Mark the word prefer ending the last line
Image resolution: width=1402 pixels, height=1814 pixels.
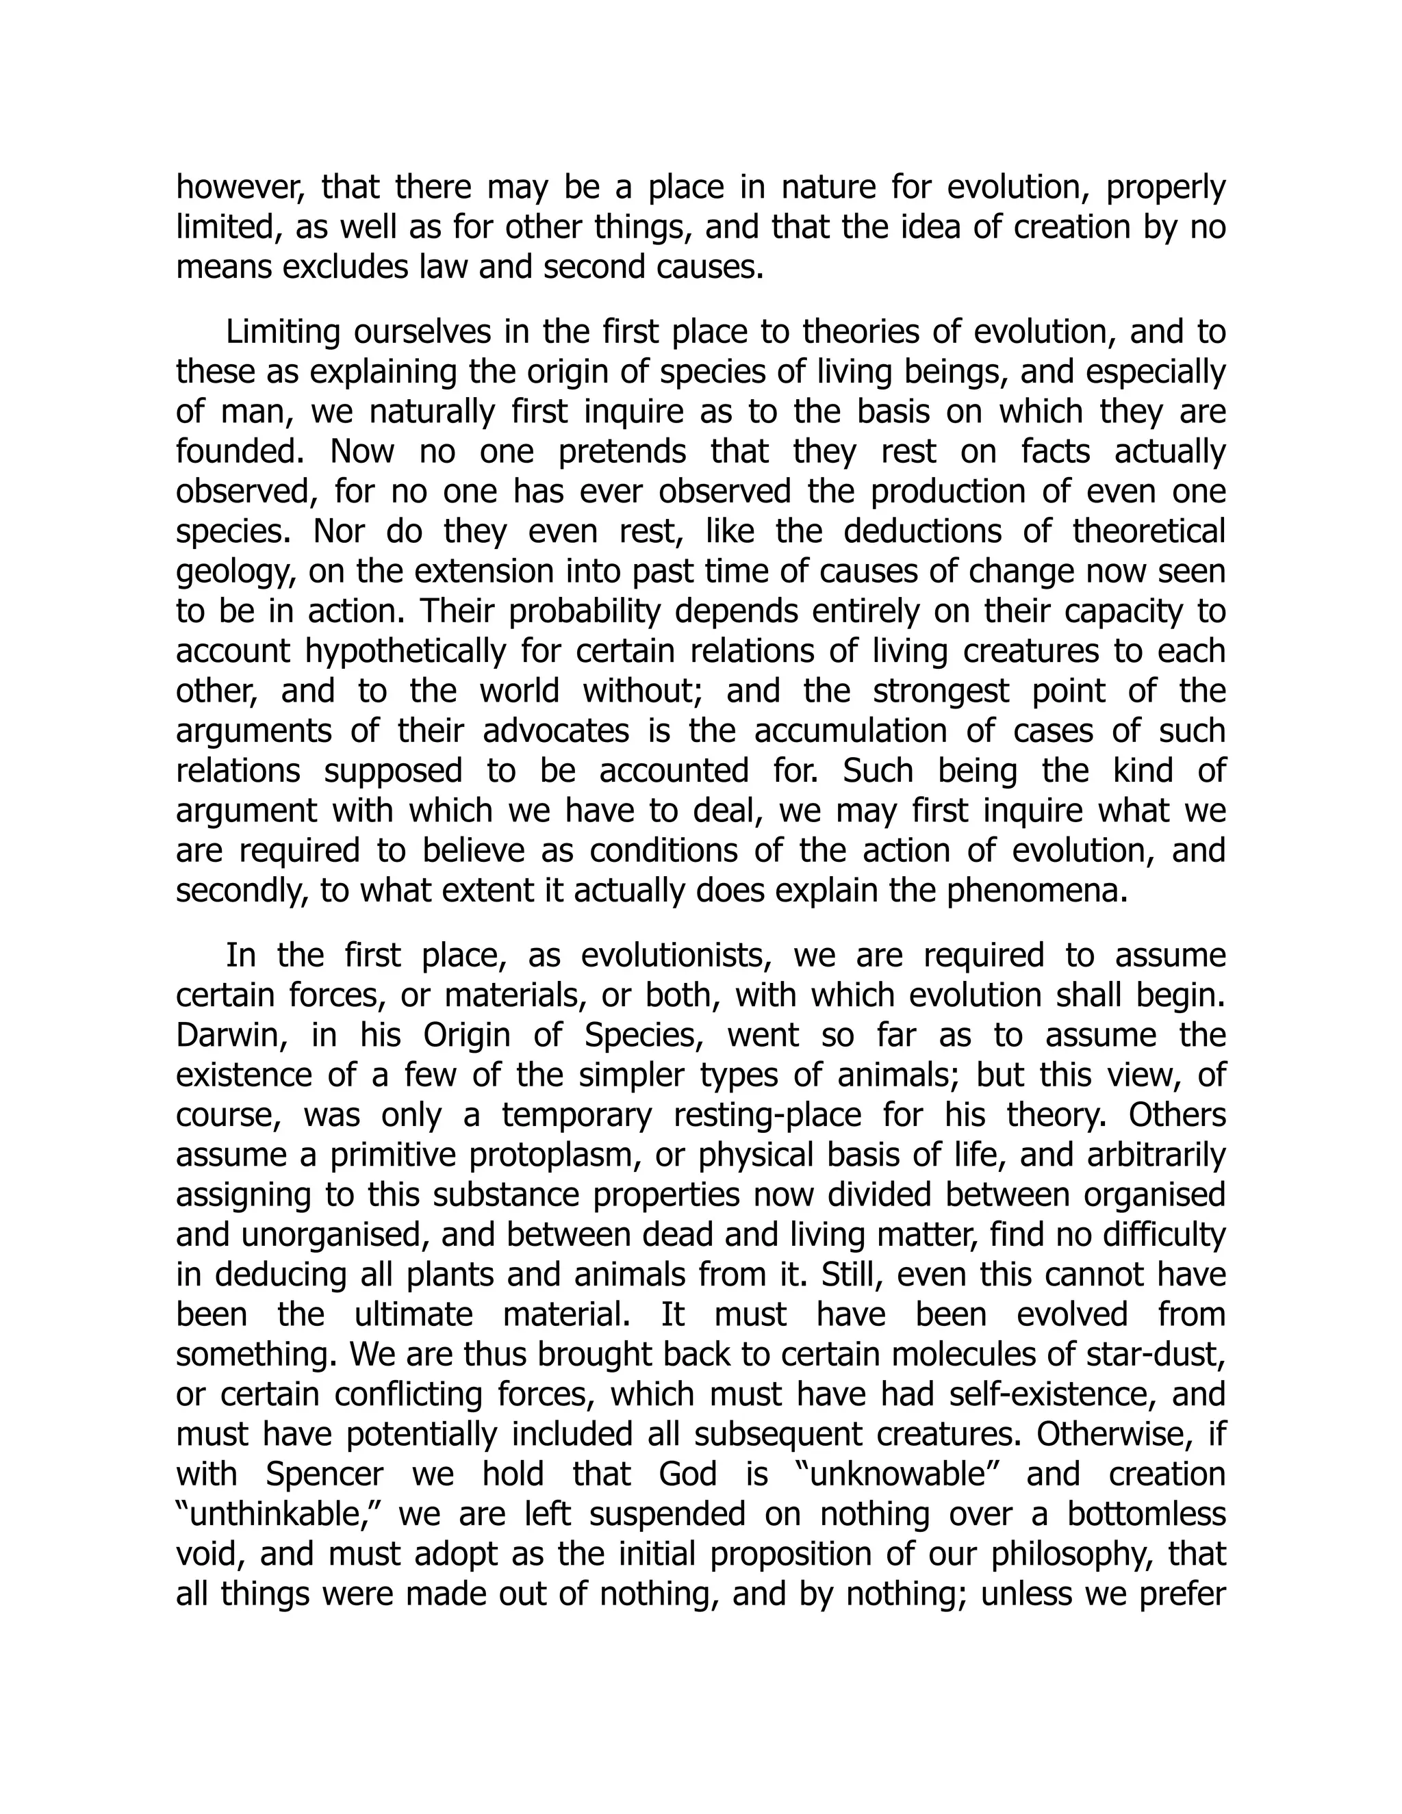tap(1183, 1594)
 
